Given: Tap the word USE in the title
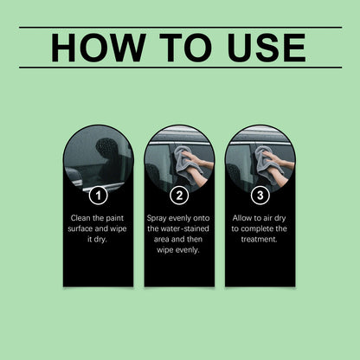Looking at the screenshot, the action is tap(267, 48).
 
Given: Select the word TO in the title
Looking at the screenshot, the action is tap(186, 48).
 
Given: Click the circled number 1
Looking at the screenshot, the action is tap(99, 196).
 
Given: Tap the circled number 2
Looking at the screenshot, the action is tap(179, 196).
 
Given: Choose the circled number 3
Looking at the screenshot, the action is tap(260, 196).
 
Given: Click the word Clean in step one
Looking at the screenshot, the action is tap(80, 218).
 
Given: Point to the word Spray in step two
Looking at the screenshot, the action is tap(157, 219).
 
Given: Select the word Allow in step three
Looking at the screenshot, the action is tap(242, 218).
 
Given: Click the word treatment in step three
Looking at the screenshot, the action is tap(259, 240).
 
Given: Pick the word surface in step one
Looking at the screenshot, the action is tap(80, 228).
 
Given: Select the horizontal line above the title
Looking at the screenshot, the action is tap(181, 28).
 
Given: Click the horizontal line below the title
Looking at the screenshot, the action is tap(181, 67).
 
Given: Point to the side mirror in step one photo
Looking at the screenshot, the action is tap(74, 177).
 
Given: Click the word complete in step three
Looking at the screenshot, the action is tap(254, 229).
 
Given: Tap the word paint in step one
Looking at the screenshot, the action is tap(114, 219).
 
